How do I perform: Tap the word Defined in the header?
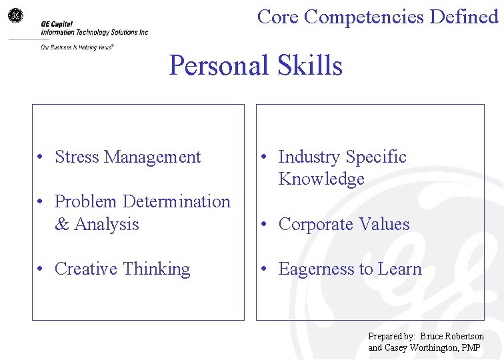[464, 17]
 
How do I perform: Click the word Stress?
[77, 157]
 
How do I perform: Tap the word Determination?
[177, 201]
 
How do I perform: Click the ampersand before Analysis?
[62, 224]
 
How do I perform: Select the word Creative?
[86, 269]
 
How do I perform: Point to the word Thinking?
[157, 269]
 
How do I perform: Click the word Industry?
[309, 157]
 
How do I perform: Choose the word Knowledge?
[321, 179]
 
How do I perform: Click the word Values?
[386, 224]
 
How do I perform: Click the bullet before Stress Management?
[41, 158]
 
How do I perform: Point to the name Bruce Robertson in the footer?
[452, 337]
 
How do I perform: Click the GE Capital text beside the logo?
[57, 23]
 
